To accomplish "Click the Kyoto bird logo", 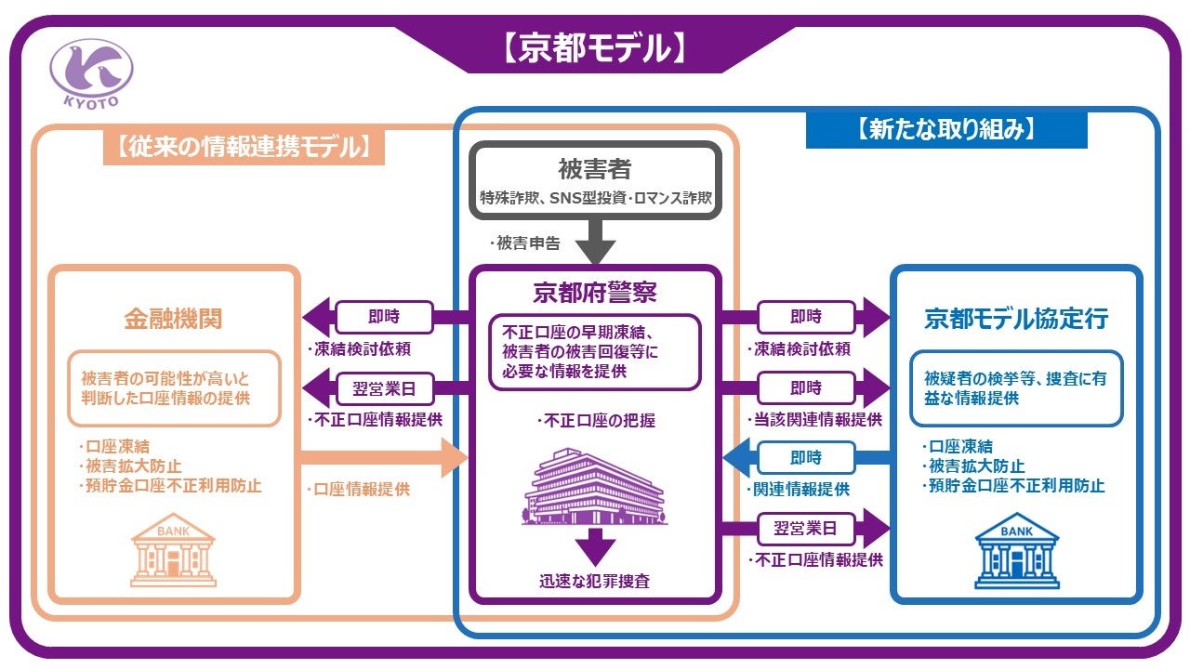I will pos(91,72).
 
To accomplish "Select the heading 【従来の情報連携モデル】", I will pos(244,146).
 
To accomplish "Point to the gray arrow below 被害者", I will pos(595,243).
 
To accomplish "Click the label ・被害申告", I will pos(526,244).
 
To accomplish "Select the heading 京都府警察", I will pos(595,293).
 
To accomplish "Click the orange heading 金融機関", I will pos(174,319).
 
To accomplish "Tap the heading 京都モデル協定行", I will pos(1015,319).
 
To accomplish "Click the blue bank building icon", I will pos(1015,552).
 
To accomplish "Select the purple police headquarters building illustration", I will pos(595,483).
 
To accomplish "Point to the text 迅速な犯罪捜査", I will pos(595,583).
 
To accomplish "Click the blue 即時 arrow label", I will pos(805,457).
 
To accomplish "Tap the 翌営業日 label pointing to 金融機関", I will pos(384,387).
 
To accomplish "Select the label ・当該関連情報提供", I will pos(814,419).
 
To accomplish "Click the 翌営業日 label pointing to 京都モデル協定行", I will pos(805,529).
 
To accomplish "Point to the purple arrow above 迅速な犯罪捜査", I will pos(595,546).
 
